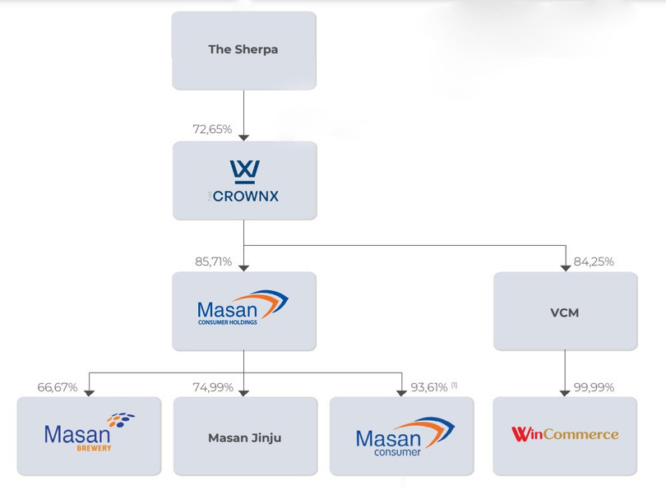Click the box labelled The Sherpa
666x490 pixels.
click(243, 49)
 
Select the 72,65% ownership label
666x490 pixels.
click(212, 129)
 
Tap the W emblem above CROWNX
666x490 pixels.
click(244, 171)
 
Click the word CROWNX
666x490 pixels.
click(245, 196)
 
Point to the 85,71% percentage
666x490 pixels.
click(213, 262)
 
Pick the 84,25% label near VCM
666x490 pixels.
click(594, 262)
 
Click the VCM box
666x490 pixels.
click(565, 312)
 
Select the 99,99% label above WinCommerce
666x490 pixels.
click(594, 387)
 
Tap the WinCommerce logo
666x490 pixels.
click(565, 434)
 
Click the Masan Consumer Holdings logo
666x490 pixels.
click(243, 307)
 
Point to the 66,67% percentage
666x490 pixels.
click(58, 387)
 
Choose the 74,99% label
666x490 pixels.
click(213, 387)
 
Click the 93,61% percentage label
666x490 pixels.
click(428, 387)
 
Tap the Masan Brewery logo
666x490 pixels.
click(89, 432)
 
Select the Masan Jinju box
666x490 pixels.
click(244, 437)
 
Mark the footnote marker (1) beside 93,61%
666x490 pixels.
click(454, 385)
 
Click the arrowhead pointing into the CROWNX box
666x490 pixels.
click(244, 137)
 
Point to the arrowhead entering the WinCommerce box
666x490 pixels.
click(565, 393)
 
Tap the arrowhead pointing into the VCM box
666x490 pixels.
click(565, 268)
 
